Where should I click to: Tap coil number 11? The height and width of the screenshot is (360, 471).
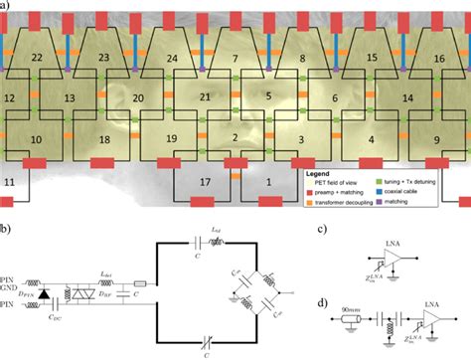pos(10,183)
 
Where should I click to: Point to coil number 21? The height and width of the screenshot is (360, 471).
pos(205,96)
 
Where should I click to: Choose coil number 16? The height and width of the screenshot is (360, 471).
pos(438,60)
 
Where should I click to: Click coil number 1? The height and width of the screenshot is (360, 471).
pos(267,182)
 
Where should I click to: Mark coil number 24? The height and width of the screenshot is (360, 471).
pos(172,60)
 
